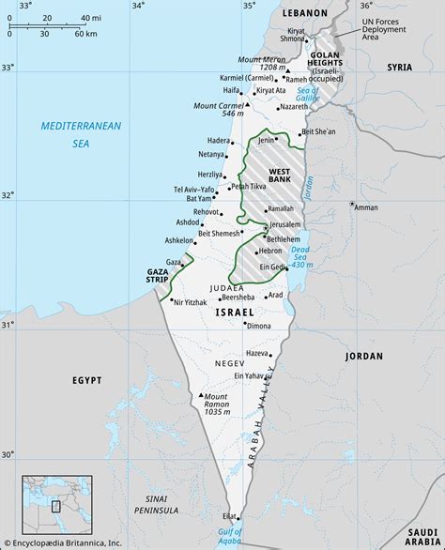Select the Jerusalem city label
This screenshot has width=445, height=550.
coord(284,225)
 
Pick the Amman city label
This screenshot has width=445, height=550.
coord(366,207)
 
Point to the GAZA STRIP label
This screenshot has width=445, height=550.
coord(157,275)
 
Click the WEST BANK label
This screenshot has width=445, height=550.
coord(279,176)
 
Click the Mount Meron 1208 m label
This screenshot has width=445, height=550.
coord(261,64)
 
